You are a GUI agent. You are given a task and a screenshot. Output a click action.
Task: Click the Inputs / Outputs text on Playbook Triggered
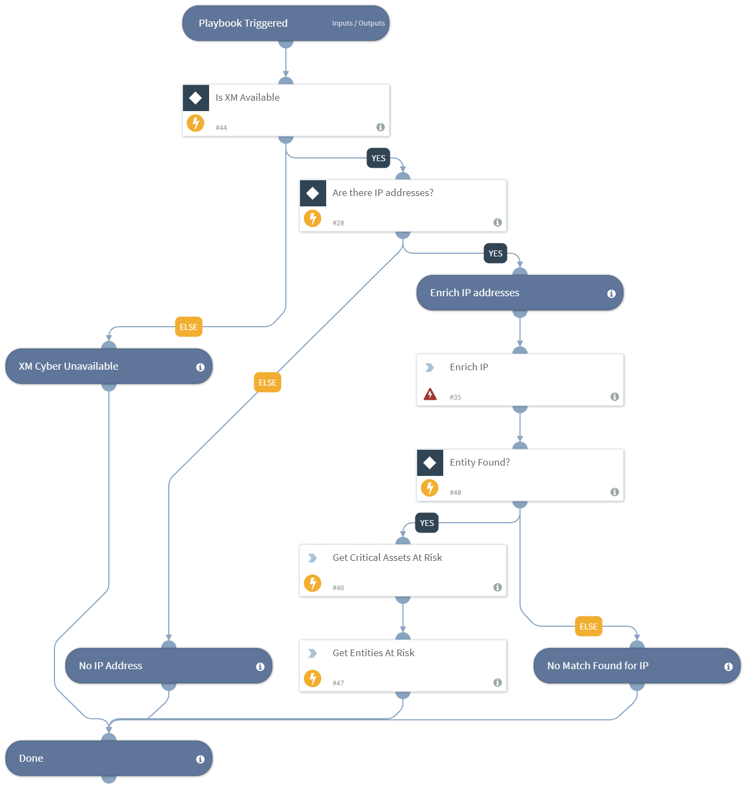358,23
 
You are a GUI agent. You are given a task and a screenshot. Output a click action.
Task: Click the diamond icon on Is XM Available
195,98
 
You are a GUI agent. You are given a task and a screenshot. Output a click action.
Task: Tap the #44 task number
221,128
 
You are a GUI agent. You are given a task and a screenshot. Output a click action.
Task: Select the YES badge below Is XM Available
378,158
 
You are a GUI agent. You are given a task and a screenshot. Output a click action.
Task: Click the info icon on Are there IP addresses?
497,222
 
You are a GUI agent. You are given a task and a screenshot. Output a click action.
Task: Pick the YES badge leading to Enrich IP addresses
496,254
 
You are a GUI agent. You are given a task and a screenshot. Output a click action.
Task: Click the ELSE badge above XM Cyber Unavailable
188,327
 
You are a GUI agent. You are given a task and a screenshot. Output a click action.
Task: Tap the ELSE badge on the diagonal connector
267,383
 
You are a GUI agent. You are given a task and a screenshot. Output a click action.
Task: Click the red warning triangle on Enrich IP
430,394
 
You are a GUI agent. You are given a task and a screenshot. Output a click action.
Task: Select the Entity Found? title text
480,462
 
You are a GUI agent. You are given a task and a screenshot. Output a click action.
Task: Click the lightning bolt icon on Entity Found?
430,488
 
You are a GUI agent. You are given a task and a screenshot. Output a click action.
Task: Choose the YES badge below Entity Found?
427,523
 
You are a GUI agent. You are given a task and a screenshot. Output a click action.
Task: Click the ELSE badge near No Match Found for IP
589,627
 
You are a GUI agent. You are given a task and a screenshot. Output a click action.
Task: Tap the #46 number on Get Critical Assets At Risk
338,588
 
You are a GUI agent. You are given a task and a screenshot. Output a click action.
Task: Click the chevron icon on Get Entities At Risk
313,653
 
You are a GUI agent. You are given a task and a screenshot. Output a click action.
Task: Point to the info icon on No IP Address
260,666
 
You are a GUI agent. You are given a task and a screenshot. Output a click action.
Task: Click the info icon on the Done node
200,759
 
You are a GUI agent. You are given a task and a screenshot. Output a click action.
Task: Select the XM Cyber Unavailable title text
69,366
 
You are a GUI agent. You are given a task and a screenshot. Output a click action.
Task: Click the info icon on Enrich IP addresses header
612,293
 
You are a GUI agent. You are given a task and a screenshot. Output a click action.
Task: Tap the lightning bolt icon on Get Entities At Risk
313,678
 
